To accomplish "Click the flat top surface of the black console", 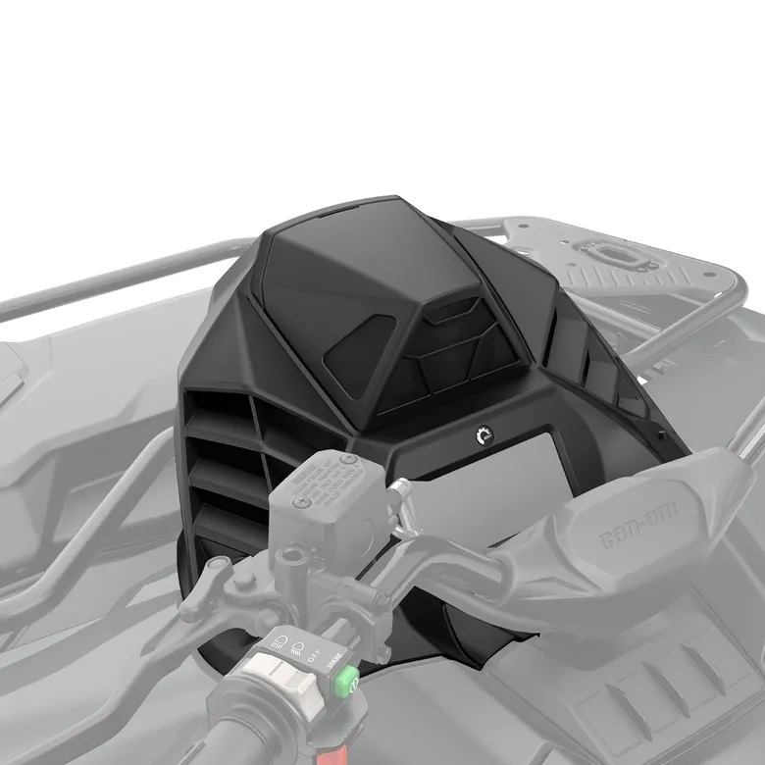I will click(x=343, y=245).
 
